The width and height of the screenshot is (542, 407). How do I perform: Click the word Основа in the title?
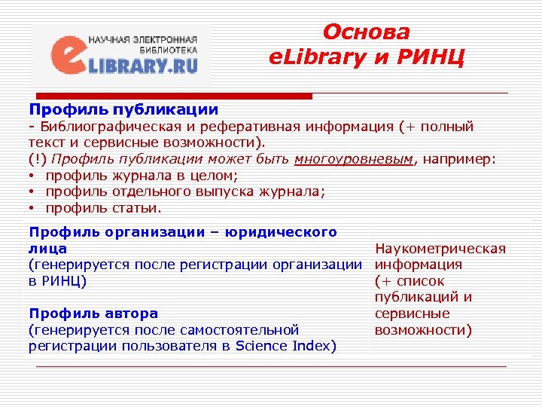pos(366,32)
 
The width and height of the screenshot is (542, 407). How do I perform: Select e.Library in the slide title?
pos(310,57)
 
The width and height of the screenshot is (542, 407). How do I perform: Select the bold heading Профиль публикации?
pos(123,110)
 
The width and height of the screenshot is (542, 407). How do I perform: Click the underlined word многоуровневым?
pos(355,159)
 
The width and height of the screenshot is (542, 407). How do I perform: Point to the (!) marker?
pos(38,159)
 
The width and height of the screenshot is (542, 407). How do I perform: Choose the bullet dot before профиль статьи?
pos(34,208)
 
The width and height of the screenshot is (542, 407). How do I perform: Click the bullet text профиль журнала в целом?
pos(142,176)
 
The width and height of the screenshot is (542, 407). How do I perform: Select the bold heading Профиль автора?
pos(93,313)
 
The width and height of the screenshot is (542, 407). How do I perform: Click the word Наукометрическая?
pos(440,249)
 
